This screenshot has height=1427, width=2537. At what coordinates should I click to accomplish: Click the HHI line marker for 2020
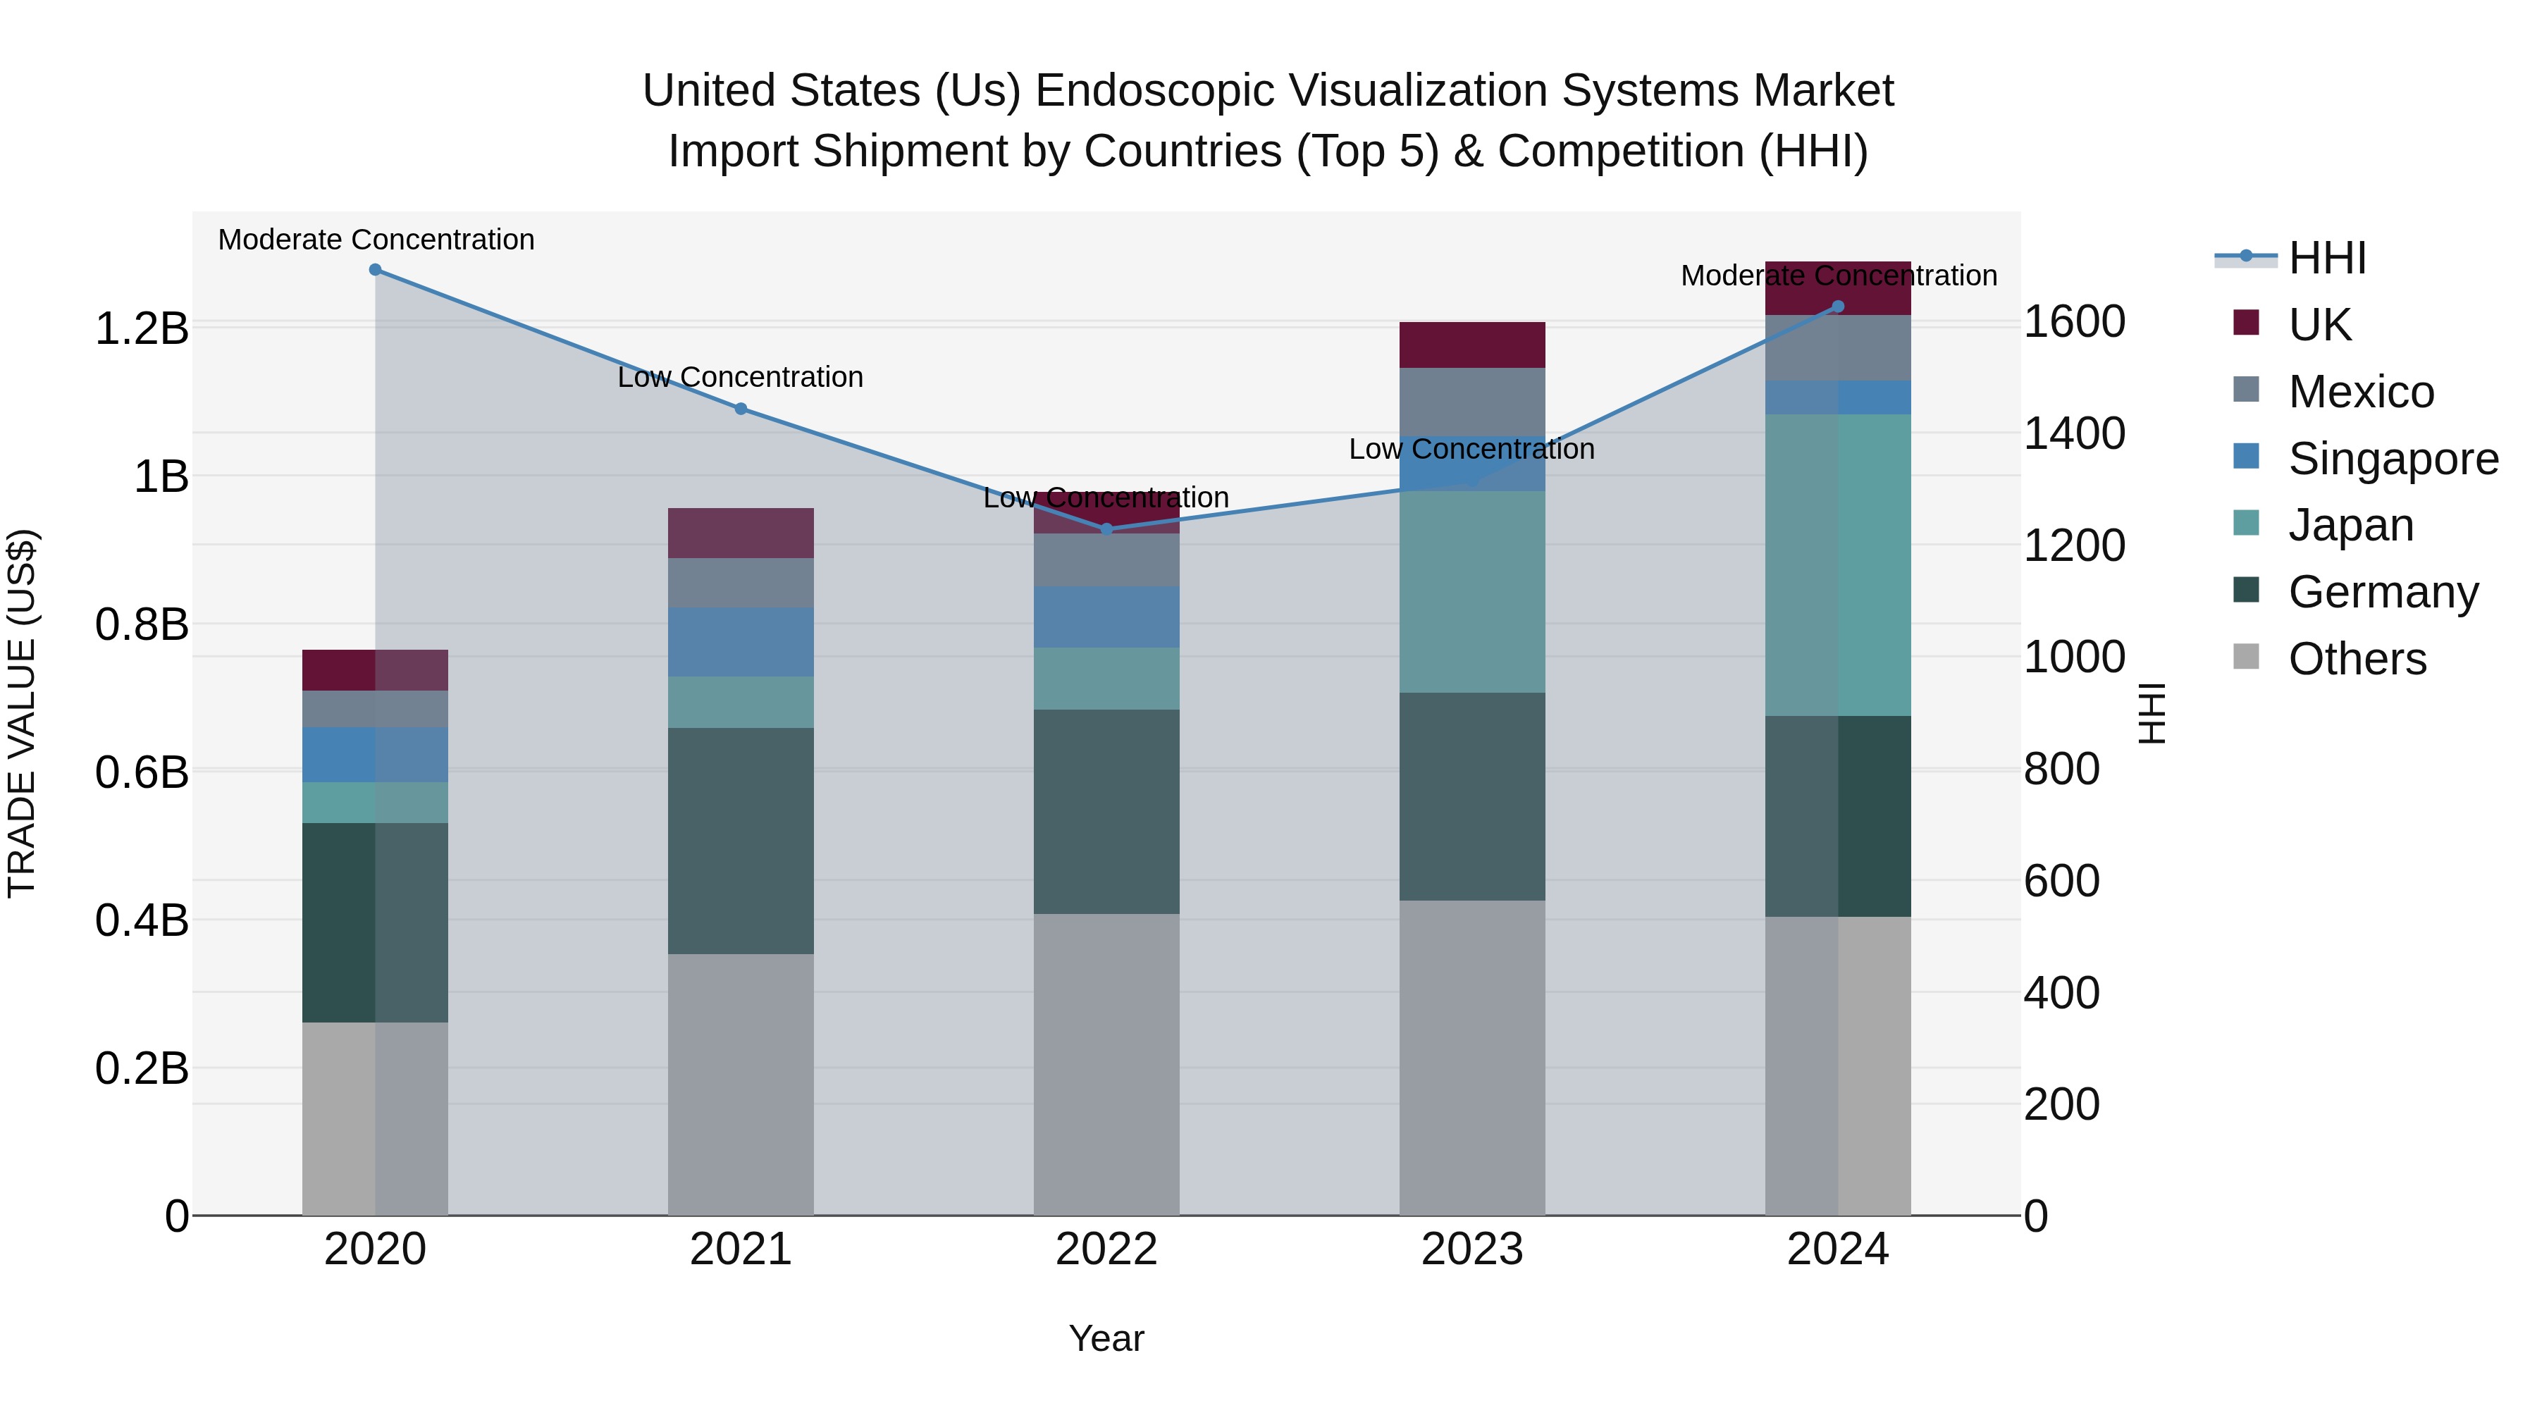coord(375,270)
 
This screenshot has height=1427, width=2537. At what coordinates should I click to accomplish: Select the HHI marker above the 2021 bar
coord(741,409)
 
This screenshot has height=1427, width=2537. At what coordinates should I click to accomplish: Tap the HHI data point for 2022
coord(1106,529)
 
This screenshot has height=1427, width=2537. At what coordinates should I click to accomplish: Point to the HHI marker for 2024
coord(1837,307)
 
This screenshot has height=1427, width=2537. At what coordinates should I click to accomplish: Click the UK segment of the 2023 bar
coord(1471,345)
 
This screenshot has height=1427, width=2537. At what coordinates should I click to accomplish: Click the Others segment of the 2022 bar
coord(1106,1063)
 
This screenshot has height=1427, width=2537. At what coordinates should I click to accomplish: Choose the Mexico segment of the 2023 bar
coord(1471,401)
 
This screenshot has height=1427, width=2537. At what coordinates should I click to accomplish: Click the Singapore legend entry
coord(2393,459)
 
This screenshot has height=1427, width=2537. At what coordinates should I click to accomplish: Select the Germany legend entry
coord(2383,592)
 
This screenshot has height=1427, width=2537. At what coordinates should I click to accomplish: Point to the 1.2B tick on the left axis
coord(141,328)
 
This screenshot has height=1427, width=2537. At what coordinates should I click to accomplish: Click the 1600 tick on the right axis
coord(2074,322)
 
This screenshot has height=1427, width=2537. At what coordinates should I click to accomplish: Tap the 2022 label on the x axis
coord(1106,1249)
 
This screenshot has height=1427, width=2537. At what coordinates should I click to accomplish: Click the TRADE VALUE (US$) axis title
coord(22,713)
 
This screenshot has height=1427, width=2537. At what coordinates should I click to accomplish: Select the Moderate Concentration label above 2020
coord(376,240)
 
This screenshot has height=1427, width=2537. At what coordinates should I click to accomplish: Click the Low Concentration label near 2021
coord(741,377)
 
